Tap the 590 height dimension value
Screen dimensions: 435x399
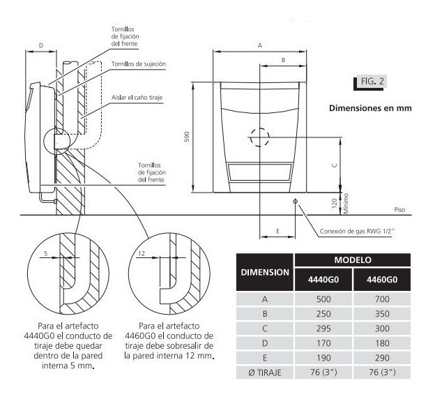(x=187, y=137)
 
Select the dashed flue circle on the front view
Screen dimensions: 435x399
(x=259, y=137)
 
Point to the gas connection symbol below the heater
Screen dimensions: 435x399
(x=295, y=201)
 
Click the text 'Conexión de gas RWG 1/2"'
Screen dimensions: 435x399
(x=357, y=231)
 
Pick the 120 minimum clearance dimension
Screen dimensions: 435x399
(x=335, y=203)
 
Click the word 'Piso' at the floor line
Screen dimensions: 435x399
(x=399, y=210)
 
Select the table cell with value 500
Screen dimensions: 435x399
(x=323, y=299)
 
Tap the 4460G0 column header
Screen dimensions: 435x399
(x=382, y=279)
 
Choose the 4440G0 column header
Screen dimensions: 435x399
(x=323, y=279)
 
